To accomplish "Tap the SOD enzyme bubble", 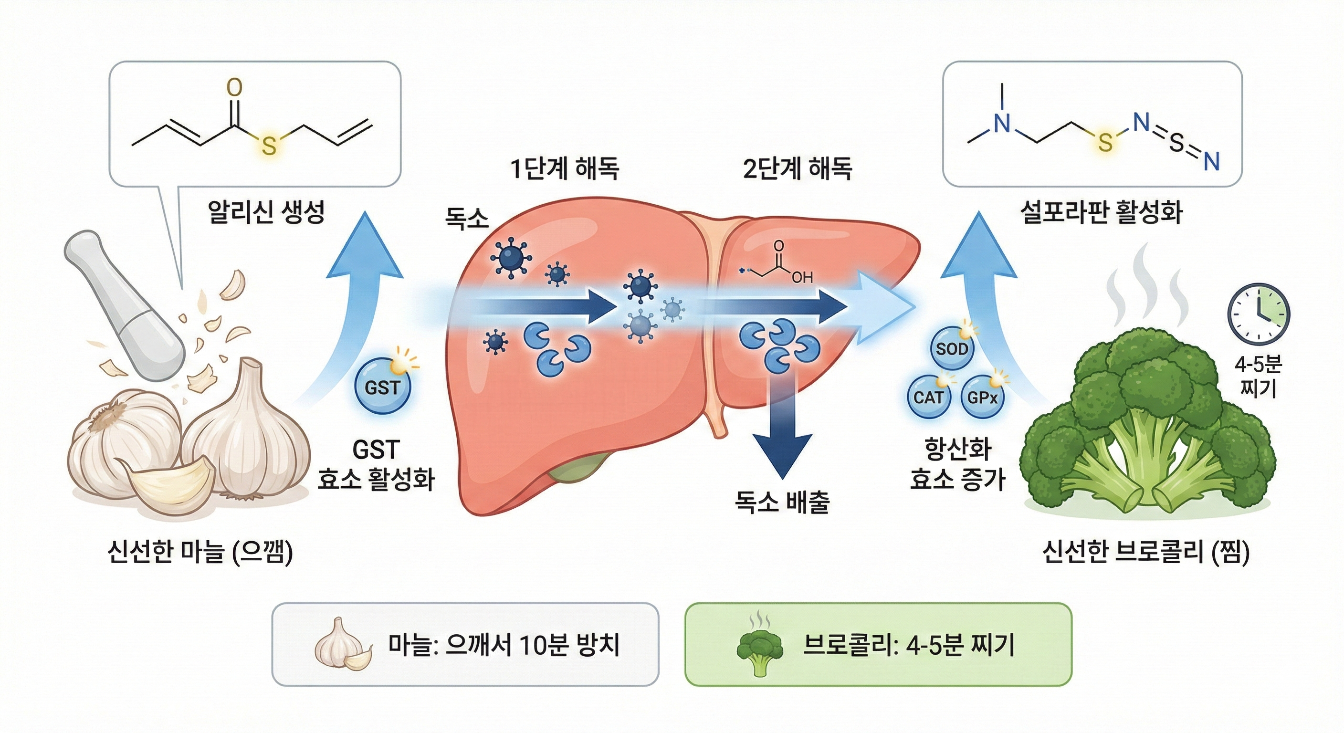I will pos(952,348).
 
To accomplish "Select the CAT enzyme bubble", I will pos(928,398).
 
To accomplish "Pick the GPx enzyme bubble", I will pos(982,398).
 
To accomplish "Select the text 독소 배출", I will pos(782,502).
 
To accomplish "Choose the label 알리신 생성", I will pos(266,212).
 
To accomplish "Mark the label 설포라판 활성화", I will pos(1101,212).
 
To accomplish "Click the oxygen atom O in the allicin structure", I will pos(235,88).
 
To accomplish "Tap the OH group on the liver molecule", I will pos(802,277).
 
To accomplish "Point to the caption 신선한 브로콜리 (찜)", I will pos(1146,552).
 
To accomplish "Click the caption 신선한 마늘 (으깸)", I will pos(199,552).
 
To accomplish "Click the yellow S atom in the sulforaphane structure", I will pos(1104,142).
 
